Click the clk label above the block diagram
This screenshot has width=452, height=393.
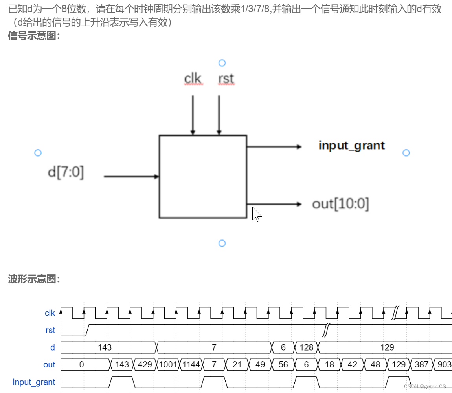193,79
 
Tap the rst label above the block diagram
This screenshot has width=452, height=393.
226,79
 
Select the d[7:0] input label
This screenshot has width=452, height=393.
66,172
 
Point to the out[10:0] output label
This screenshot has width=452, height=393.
340,204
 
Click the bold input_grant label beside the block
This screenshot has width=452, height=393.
351,146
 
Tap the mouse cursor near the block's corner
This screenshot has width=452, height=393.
257,214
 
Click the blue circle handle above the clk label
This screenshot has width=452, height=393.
222,63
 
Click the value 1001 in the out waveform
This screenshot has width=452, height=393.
168,365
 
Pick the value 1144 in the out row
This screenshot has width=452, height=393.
191,365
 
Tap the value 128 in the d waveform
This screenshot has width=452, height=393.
307,347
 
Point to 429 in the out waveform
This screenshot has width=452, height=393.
145,365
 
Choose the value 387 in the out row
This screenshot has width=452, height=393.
421,365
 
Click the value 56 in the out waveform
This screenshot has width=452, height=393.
283,365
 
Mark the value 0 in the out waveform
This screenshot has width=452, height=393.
81,365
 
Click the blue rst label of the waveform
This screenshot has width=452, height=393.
50,330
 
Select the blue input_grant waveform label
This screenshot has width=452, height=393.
34,382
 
